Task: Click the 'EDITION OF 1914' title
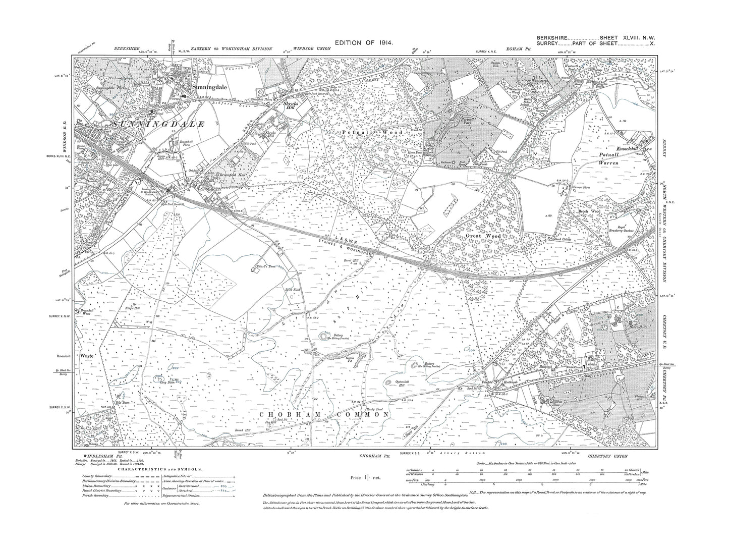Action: click(x=364, y=43)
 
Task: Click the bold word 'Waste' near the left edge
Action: click(x=87, y=356)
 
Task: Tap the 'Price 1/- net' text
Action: click(x=364, y=476)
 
